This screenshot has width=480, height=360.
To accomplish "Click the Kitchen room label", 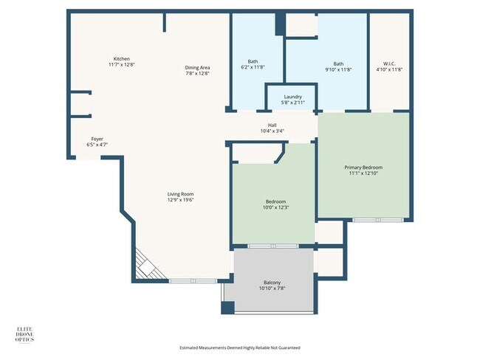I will click(x=122, y=62).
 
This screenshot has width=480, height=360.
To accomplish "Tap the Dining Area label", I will click(x=197, y=70).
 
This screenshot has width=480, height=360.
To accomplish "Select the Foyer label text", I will click(x=97, y=142).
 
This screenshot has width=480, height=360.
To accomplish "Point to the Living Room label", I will click(x=181, y=197).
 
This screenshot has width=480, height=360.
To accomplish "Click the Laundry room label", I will click(x=292, y=100).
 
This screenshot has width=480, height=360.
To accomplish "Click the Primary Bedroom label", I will click(x=363, y=170).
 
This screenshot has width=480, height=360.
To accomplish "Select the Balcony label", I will click(x=272, y=285).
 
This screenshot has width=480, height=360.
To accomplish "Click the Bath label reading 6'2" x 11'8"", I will click(x=253, y=65).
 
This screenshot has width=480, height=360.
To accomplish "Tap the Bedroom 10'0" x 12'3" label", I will click(x=275, y=205).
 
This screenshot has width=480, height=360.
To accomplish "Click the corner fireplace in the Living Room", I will click(x=144, y=265).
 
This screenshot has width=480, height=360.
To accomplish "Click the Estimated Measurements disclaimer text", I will click(x=240, y=347).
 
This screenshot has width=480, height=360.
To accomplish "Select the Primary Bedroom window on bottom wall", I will click(x=377, y=220).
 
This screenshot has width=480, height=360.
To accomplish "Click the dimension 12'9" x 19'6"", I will click(x=181, y=200).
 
